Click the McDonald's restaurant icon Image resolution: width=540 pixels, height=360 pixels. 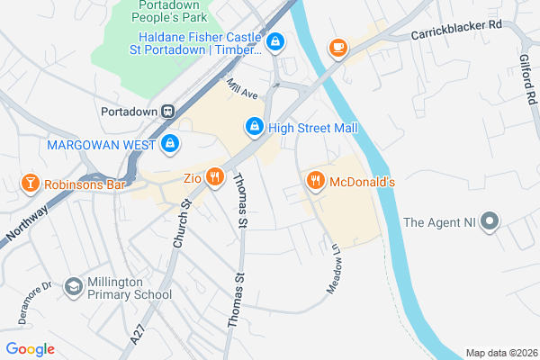(315, 181)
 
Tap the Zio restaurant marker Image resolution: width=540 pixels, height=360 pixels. (214, 177)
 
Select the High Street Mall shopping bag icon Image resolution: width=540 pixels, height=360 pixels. (255, 128)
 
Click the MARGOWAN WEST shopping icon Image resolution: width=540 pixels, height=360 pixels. (170, 143)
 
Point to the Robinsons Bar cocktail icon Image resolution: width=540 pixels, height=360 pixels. (31, 184)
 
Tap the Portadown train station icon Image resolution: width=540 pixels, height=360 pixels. (167, 111)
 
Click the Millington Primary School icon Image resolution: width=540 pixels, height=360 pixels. (73, 287)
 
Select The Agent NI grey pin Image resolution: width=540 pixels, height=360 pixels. (490, 221)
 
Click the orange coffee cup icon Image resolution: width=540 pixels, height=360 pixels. (337, 47)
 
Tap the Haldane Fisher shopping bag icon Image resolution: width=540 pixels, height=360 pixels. (275, 40)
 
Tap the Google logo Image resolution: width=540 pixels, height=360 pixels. (30, 349)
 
